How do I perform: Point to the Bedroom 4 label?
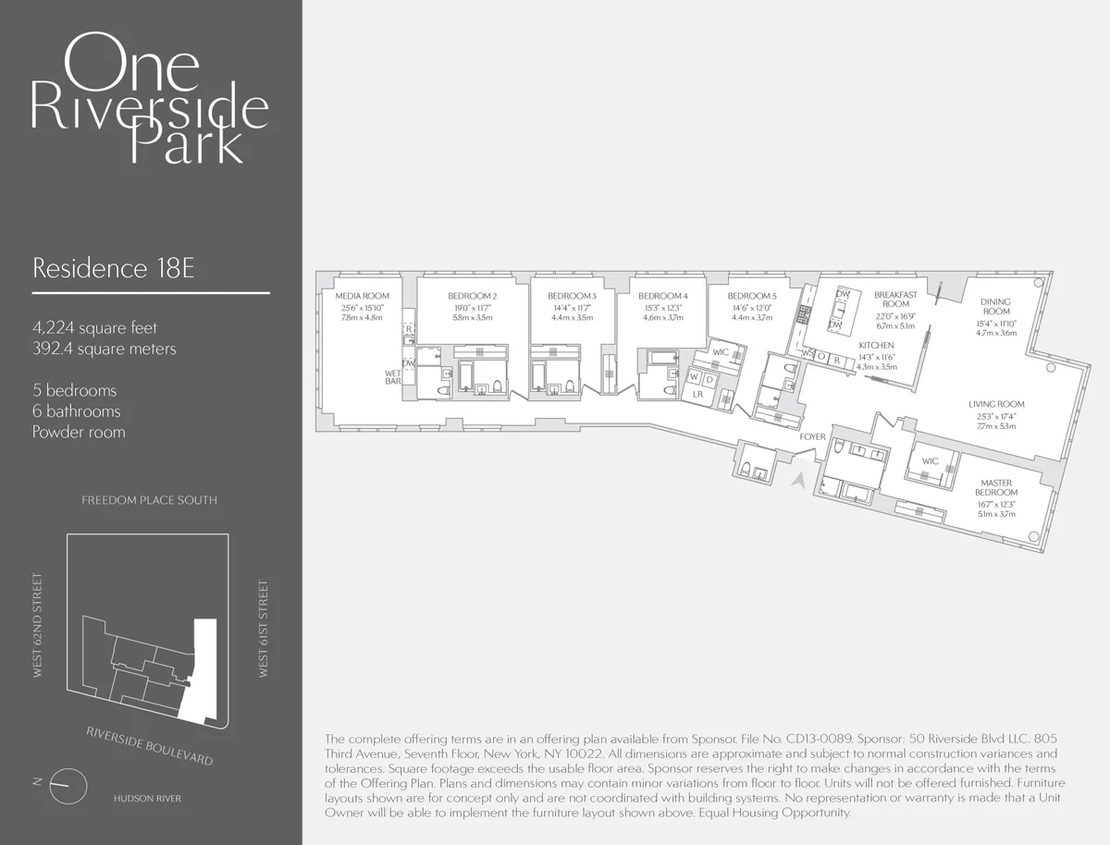pos(662,296)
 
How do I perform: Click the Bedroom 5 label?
pos(752,296)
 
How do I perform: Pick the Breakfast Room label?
pos(895,300)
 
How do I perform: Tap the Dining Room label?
pos(996,307)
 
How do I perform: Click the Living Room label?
pos(996,404)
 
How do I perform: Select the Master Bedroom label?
pos(995,487)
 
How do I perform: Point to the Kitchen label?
pos(876,345)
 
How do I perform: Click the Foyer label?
pos(813,436)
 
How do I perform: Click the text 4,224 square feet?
pos(94,327)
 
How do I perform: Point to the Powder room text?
pos(79,432)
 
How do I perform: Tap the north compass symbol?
pos(68,786)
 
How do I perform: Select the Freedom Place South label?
pos(149,500)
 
